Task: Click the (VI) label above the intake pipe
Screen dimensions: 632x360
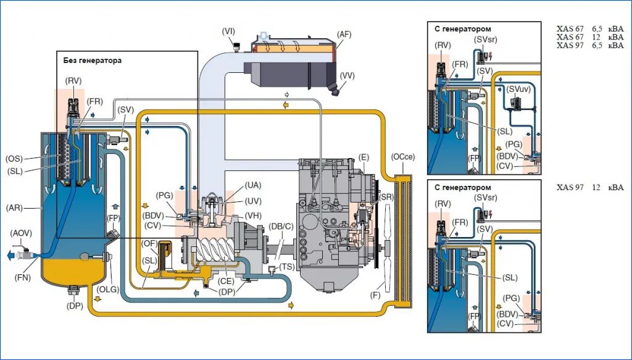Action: click(228, 31)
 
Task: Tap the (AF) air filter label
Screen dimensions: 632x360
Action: click(344, 35)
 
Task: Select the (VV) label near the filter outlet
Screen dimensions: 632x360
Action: click(347, 75)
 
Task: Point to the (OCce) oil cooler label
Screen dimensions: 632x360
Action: click(403, 157)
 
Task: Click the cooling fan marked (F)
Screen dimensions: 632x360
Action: click(388, 248)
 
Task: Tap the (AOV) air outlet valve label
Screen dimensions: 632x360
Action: click(22, 233)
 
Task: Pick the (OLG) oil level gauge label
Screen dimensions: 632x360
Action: click(109, 289)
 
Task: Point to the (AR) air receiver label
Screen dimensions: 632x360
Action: click(14, 209)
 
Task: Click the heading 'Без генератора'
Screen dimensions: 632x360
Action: click(93, 61)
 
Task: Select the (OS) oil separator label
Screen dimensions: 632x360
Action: click(15, 159)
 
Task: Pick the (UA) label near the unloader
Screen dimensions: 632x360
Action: click(253, 185)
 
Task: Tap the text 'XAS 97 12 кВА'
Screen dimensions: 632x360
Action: click(590, 188)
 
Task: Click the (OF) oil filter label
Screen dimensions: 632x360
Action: click(149, 243)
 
